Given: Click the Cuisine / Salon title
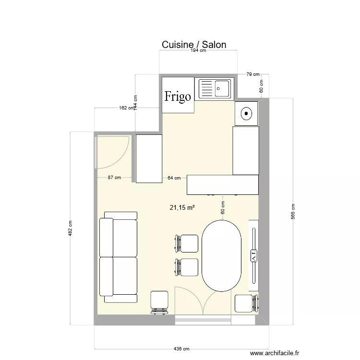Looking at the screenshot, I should [193, 45].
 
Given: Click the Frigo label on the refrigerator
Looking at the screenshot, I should [178, 96].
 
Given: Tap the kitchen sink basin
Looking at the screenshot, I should [222, 88].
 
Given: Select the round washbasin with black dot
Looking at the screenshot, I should [246, 113].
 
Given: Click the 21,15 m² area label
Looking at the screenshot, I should [182, 207].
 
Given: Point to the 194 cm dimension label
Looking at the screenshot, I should [198, 51].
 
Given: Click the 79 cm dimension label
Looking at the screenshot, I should [252, 74].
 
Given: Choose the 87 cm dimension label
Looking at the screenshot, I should [114, 178].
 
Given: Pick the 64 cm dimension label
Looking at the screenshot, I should [174, 178].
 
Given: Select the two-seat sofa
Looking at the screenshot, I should [119, 257].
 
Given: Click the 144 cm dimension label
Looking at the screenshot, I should [135, 102].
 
